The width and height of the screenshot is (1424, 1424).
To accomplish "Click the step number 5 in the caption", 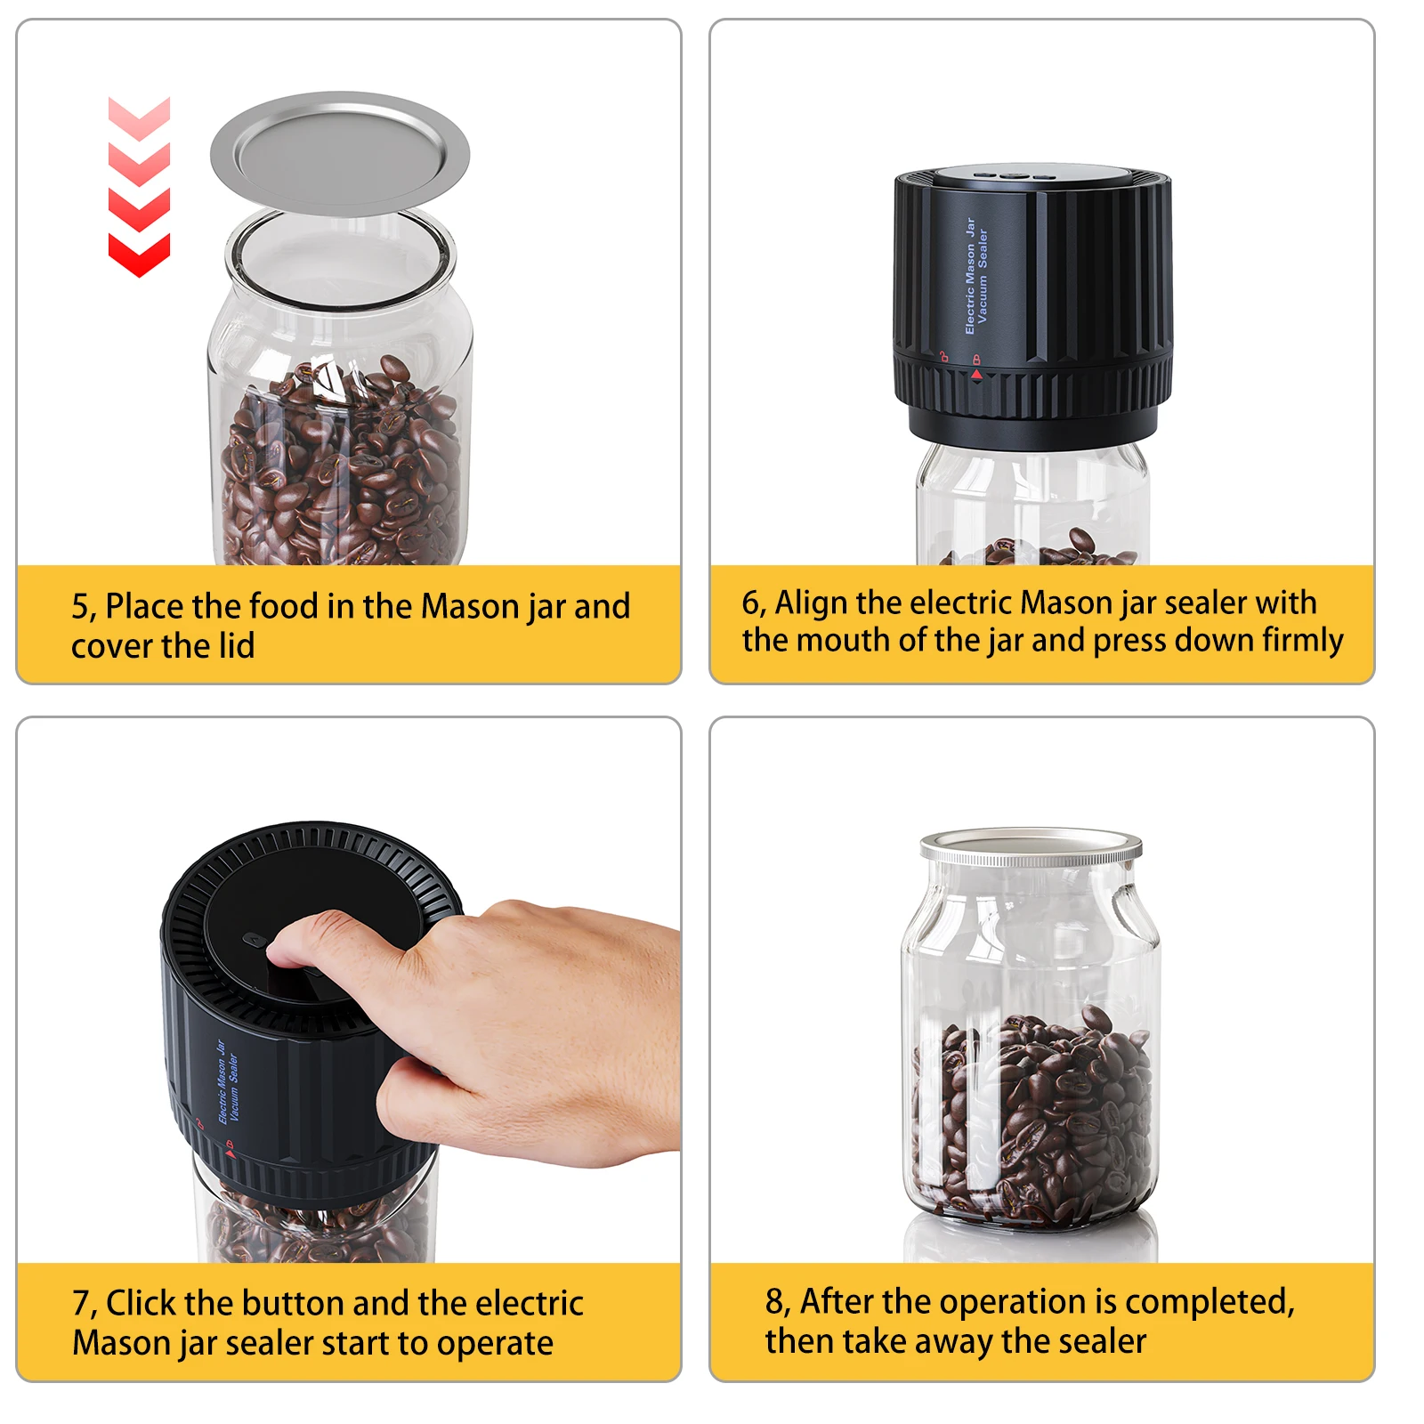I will pyautogui.click(x=81, y=607).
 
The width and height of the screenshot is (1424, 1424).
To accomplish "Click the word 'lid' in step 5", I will pyautogui.click(x=237, y=646).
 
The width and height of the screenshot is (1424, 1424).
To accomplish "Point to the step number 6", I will pyautogui.click(x=751, y=603).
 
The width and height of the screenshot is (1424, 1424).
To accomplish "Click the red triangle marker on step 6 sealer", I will pyautogui.click(x=976, y=376).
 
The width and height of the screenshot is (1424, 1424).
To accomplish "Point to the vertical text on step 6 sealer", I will pyautogui.click(x=975, y=276).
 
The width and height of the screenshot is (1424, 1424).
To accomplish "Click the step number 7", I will pyautogui.click(x=82, y=1304).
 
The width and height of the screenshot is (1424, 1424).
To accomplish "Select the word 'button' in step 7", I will pyautogui.click(x=298, y=1304).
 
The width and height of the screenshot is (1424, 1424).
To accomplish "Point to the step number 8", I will pyautogui.click(x=775, y=1302).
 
